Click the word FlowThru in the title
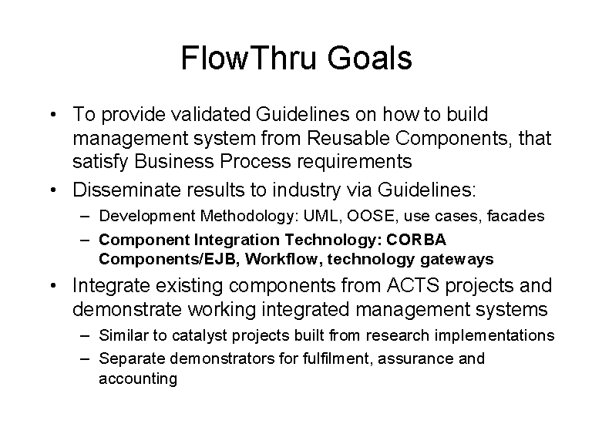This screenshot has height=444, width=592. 248,58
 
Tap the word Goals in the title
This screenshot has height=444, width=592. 369,58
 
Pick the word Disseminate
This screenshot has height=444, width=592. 127,190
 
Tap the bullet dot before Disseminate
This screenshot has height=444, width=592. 53,190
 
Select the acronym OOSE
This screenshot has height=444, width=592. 371,216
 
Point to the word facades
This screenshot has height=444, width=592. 516,216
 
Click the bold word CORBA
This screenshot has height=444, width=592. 416,240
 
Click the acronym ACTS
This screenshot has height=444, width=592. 413,285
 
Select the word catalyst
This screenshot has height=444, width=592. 200,335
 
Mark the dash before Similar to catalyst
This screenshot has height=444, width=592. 85,335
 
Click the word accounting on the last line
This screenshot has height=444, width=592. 138,378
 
